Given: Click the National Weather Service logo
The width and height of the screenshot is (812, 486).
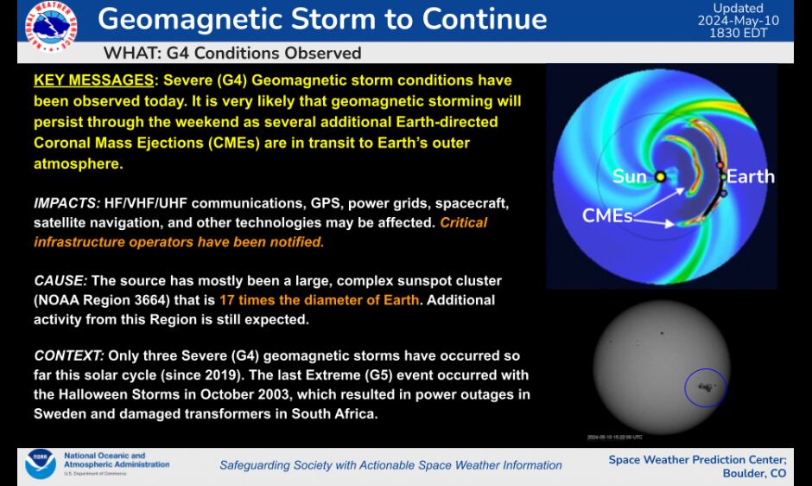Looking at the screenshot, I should [x=50, y=25].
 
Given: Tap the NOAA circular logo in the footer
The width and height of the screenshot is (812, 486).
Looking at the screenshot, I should [x=41, y=464].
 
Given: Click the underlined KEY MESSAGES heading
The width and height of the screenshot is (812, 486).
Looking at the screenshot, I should [x=93, y=80].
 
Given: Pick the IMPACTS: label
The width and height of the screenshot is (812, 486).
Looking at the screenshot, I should [x=67, y=203].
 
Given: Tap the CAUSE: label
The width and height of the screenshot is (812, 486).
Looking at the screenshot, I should [x=60, y=281].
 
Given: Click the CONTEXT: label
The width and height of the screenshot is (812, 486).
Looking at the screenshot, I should [x=69, y=355].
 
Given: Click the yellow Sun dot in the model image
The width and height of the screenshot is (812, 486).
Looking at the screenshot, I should [x=661, y=177].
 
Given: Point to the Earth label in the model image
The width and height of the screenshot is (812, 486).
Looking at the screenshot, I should [x=750, y=176].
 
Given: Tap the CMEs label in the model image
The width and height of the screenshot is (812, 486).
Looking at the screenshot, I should [x=607, y=215].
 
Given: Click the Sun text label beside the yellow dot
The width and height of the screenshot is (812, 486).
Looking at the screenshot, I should [x=630, y=177].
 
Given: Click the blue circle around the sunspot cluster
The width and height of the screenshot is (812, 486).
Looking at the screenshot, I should [x=705, y=388].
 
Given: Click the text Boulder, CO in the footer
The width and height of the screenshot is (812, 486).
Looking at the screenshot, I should [x=754, y=473].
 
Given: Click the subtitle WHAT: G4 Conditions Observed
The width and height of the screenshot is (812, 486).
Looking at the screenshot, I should [x=232, y=53].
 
